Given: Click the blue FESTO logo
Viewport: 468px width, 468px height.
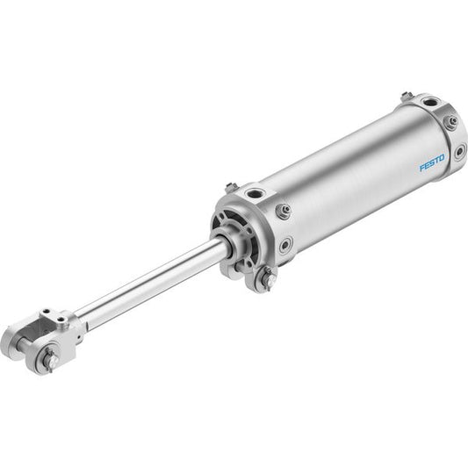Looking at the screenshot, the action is click(432, 162).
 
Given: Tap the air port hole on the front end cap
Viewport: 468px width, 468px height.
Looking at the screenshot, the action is click(256, 194).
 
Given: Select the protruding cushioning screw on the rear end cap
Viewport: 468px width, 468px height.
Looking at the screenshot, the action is click(450, 121).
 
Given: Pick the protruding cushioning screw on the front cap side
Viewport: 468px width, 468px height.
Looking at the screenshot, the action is click(283, 210).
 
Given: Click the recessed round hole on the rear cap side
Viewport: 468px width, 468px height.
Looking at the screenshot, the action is click(460, 151).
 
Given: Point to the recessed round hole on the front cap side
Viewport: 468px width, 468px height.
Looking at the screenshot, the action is click(285, 244).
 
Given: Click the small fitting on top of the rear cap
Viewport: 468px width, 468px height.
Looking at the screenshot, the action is click(407, 97).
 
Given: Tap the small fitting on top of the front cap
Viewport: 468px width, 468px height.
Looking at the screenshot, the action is click(230, 188).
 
